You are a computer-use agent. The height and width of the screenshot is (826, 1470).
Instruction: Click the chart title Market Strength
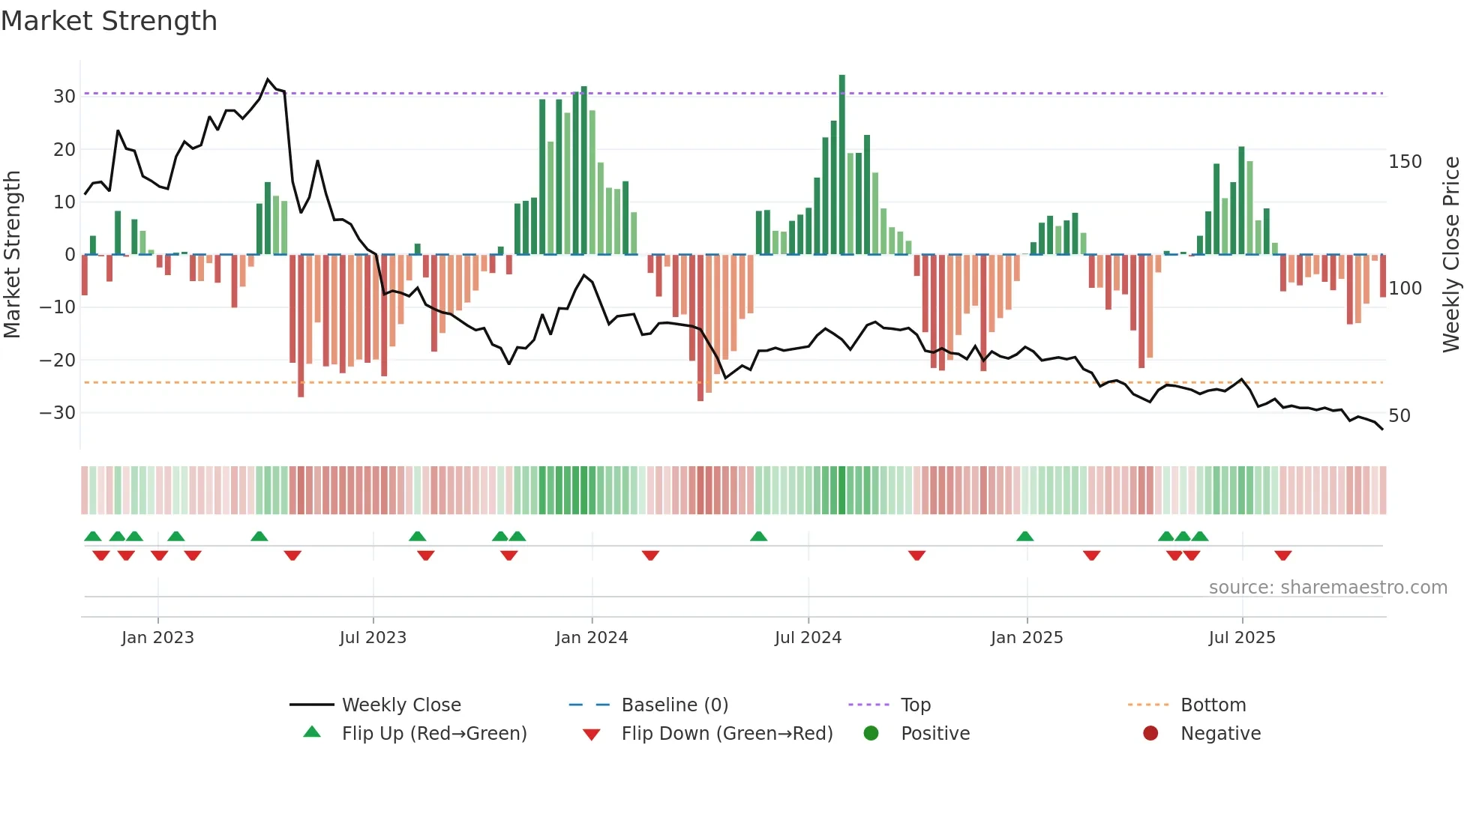tap(109, 21)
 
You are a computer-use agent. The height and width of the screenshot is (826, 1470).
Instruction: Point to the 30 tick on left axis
tap(64, 97)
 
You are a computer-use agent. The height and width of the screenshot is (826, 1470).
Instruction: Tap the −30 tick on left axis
tap(58, 413)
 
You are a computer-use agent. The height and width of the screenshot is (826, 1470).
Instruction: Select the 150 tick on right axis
tap(1405, 162)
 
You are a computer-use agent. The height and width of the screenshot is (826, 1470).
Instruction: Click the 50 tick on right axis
tap(1399, 416)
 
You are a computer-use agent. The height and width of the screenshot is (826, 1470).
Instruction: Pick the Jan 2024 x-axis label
tap(592, 638)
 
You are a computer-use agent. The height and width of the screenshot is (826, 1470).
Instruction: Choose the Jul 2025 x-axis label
tap(1242, 638)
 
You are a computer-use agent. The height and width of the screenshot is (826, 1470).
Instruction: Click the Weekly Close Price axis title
tap(1451, 255)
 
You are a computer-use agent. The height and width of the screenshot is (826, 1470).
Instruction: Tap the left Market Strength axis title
tap(13, 255)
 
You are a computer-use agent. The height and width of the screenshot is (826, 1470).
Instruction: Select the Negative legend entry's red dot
tap(1150, 733)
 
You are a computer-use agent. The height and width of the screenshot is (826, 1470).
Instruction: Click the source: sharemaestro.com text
tap(1327, 588)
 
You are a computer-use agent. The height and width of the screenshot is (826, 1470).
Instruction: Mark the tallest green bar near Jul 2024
tap(842, 165)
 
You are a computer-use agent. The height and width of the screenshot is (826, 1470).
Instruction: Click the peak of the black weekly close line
tap(268, 79)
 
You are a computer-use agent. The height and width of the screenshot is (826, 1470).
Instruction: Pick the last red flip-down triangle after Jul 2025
tap(1282, 555)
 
